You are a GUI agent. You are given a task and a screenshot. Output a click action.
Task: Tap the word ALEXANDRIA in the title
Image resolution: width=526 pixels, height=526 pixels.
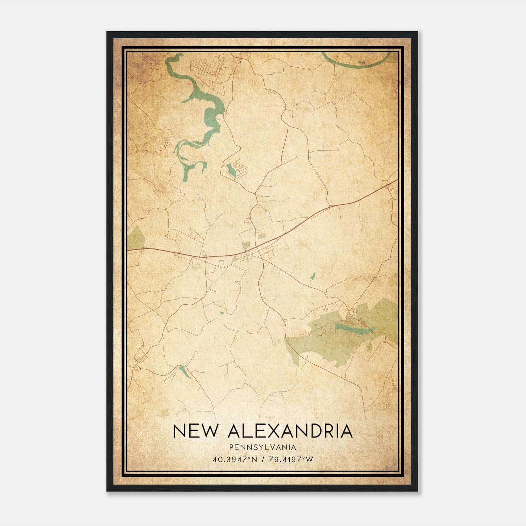click(x=290, y=431)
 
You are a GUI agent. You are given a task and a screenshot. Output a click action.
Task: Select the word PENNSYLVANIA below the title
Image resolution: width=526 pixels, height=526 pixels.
click(x=263, y=447)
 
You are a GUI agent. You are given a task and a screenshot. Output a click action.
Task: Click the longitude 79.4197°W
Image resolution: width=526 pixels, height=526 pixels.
click(x=291, y=459)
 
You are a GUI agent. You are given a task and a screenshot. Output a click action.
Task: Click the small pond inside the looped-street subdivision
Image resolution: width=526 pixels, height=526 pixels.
click(x=231, y=170)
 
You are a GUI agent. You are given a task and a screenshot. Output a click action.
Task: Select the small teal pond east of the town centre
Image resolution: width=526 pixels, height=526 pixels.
click(x=313, y=276)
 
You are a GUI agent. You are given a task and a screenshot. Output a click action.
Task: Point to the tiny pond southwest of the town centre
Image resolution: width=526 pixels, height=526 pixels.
click(x=222, y=313)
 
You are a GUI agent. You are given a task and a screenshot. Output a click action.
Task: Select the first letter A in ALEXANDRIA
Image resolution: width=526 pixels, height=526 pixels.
click(x=235, y=431)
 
